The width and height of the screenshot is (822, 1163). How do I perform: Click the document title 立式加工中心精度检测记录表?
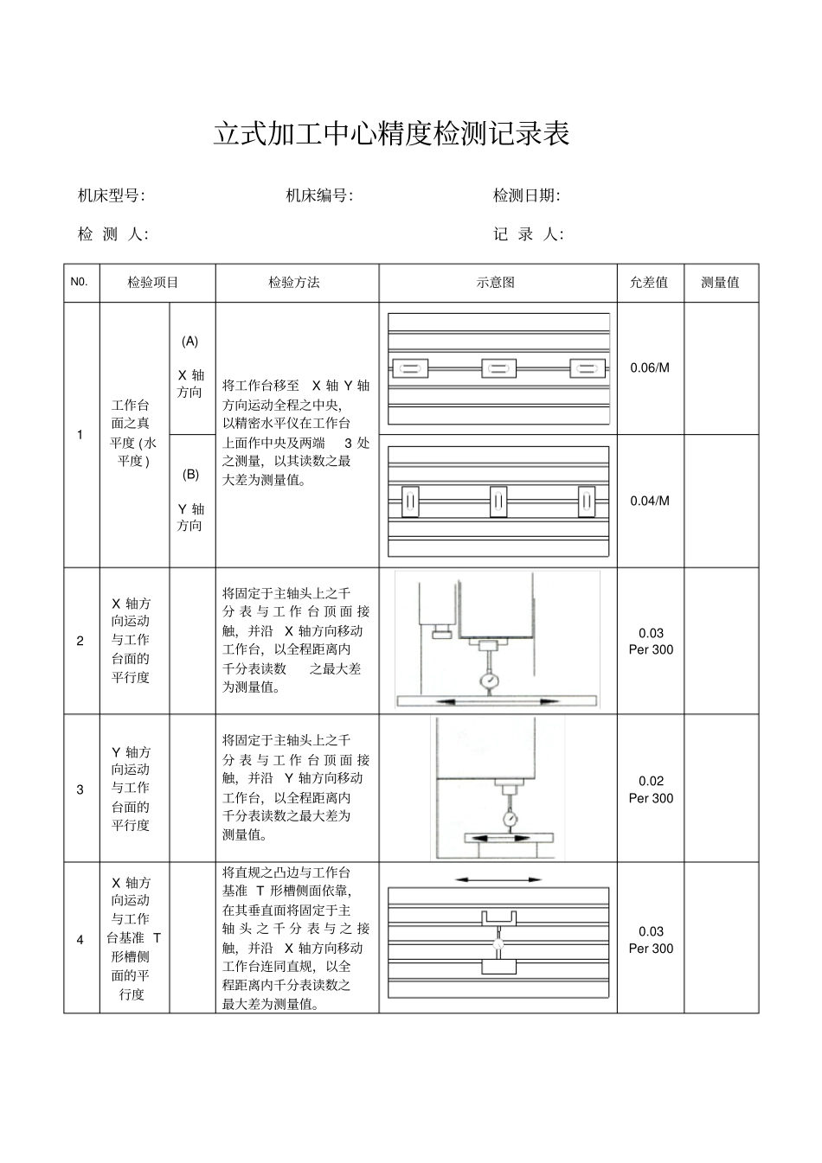[x=391, y=134]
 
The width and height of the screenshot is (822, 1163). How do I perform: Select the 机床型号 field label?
[x=112, y=195]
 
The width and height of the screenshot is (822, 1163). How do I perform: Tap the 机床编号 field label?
[x=319, y=195]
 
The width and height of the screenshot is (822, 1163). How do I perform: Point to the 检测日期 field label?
[x=527, y=195]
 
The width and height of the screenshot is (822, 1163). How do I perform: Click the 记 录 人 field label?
[x=528, y=234]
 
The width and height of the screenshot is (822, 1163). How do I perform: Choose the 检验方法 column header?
[x=294, y=283]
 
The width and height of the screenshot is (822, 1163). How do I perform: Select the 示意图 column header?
[x=496, y=283]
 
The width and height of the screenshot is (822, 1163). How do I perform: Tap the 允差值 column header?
[x=649, y=283]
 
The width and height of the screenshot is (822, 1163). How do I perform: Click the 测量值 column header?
[x=720, y=283]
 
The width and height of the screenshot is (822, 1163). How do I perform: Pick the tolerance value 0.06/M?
[x=650, y=367]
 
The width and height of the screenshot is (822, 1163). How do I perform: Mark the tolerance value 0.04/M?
[x=650, y=501]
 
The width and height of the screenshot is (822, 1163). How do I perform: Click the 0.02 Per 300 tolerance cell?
[x=651, y=789]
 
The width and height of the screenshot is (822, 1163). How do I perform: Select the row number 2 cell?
[x=80, y=641]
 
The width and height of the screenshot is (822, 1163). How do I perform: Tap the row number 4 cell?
[x=80, y=939]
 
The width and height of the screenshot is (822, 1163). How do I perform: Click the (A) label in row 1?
[x=190, y=341]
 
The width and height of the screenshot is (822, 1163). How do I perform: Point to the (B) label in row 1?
[x=190, y=474]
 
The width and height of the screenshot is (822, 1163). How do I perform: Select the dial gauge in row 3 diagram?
[x=510, y=817]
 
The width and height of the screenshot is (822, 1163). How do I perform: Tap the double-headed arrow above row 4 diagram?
[x=498, y=879]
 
